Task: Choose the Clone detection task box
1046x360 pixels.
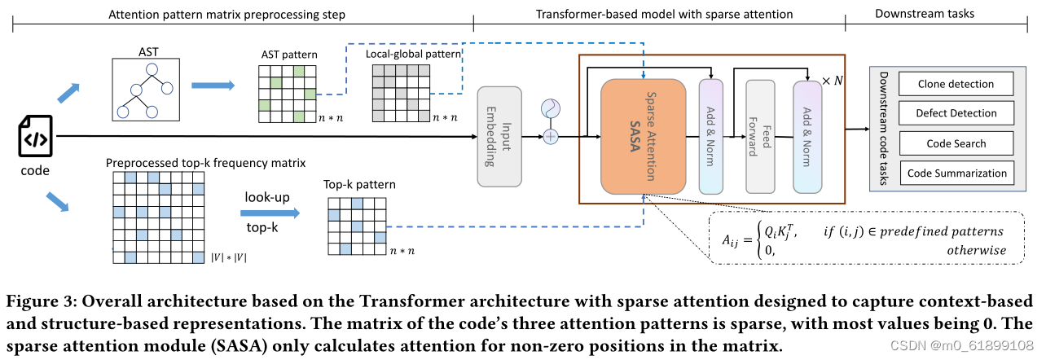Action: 956,84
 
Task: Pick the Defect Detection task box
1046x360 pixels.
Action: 956,113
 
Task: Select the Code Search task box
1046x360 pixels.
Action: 956,143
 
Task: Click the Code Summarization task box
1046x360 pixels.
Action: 956,173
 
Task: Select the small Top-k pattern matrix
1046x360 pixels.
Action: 355,226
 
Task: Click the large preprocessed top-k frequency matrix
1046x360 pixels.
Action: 159,217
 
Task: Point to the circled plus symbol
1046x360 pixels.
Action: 552,136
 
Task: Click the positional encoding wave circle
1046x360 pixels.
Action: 552,108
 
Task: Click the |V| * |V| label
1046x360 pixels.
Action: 229,258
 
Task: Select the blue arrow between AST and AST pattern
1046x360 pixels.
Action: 213,85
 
